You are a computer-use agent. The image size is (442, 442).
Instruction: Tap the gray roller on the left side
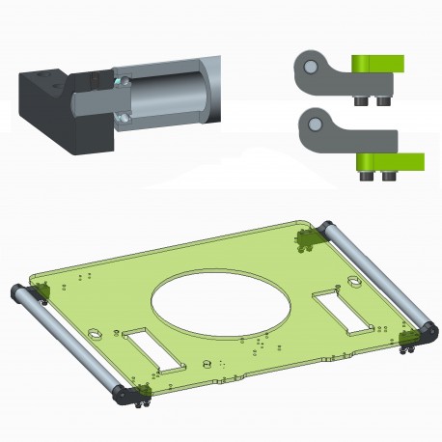tap(67, 338)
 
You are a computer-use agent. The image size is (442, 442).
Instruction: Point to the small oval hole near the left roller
tap(97, 334)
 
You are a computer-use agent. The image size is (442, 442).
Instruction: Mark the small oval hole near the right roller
tap(354, 283)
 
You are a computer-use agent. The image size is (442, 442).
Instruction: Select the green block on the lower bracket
tap(391, 160)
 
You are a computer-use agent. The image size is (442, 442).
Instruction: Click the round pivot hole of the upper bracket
tap(310, 66)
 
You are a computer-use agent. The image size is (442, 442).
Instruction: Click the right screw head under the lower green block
tap(389, 177)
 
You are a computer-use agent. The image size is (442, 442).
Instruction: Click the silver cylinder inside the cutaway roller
tap(164, 96)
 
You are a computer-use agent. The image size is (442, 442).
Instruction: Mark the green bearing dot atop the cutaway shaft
tap(117, 81)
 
